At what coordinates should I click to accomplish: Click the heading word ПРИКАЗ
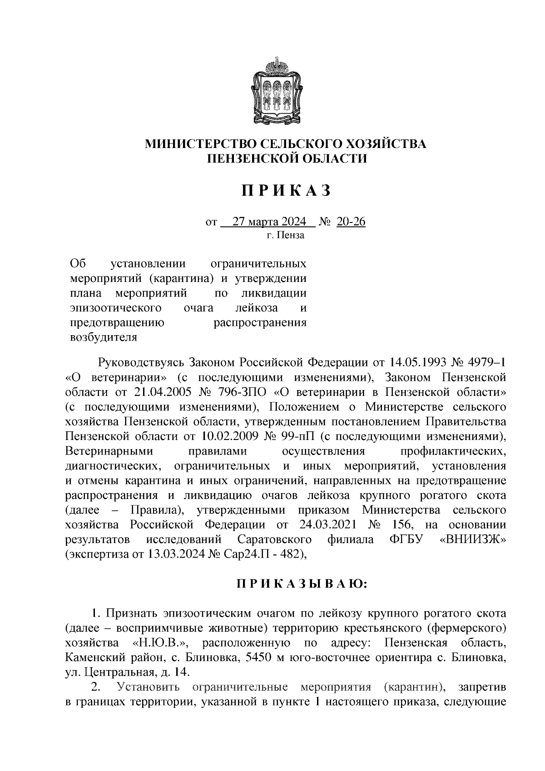[x=286, y=191]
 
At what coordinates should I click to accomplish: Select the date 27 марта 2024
[x=269, y=222]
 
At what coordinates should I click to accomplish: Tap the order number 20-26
[x=351, y=222]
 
